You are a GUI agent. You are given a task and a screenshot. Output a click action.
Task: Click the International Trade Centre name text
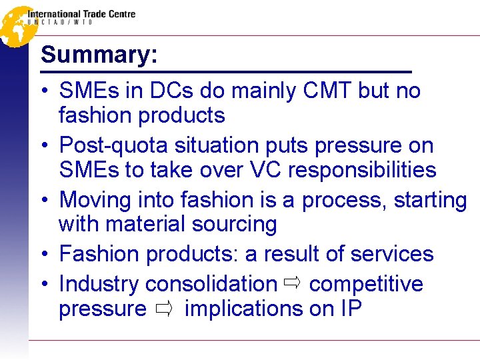tap(81, 14)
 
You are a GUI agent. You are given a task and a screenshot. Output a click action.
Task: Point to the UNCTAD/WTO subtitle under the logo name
tap(60, 22)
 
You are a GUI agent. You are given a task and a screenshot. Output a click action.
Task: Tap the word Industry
tap(99, 283)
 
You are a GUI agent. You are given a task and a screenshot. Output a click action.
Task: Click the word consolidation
tap(211, 283)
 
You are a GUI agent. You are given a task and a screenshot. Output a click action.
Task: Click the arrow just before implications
tap(166, 309)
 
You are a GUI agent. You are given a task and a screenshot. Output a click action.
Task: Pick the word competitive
tap(366, 283)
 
